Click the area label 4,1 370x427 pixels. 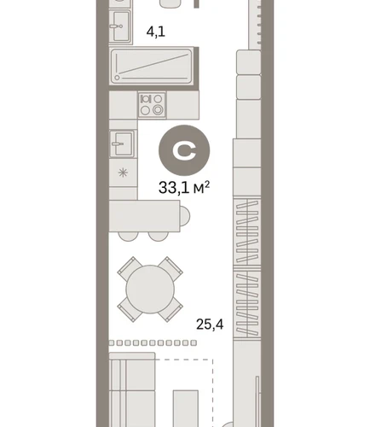point(155,32)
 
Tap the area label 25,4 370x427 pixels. point(210,325)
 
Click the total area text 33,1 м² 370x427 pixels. point(184,188)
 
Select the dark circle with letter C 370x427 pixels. point(184,150)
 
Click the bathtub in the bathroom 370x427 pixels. point(152,67)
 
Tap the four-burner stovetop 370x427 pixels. point(152,105)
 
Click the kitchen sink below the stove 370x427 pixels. point(123,143)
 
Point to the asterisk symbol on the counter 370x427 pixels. point(123,173)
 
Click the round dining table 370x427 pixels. point(150,290)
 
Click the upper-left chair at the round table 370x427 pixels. point(130,268)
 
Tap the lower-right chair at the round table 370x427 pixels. point(171,310)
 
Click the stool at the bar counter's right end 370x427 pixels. point(185,216)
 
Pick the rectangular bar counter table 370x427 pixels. point(144,216)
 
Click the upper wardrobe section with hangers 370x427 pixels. point(247,231)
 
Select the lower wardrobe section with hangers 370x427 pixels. point(247,303)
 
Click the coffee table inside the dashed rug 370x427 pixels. point(186,408)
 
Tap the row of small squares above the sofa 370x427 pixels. point(153,343)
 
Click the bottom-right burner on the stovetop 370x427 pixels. point(158,110)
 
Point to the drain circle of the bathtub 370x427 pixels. point(117,78)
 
